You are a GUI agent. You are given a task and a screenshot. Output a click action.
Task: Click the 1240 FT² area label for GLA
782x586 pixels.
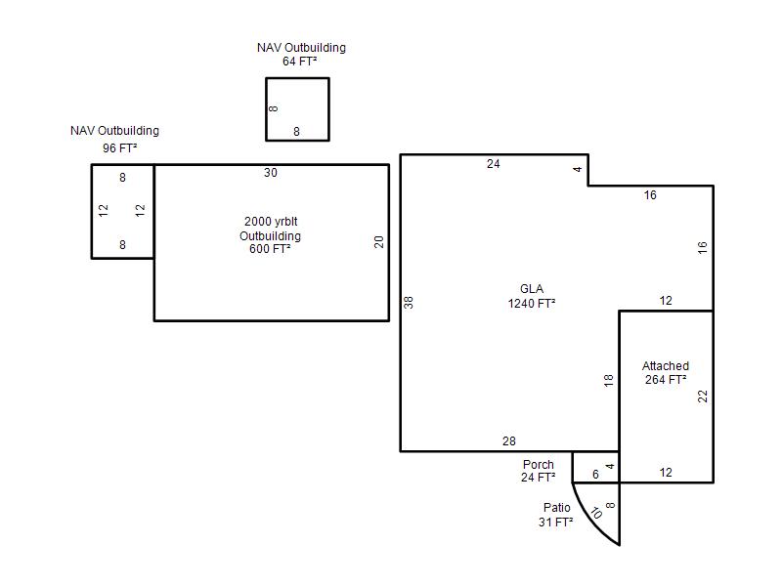pyautogui.click(x=532, y=304)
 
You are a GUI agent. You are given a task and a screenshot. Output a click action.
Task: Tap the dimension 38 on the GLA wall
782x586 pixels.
pyautogui.click(x=409, y=303)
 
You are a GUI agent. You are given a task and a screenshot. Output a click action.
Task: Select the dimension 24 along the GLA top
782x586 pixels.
pyautogui.click(x=494, y=164)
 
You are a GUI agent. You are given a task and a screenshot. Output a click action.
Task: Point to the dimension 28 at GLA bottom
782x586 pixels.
pyautogui.click(x=509, y=441)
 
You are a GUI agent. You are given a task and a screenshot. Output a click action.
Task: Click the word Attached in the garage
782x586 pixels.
pyautogui.click(x=666, y=365)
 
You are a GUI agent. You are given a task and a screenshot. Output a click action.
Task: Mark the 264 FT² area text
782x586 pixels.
pyautogui.click(x=666, y=380)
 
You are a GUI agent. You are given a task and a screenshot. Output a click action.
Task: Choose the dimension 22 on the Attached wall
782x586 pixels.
pyautogui.click(x=703, y=397)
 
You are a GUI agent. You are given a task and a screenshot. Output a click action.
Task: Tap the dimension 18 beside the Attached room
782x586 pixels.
pyautogui.click(x=608, y=381)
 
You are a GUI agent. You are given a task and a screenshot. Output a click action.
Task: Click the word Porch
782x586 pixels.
pyautogui.click(x=539, y=465)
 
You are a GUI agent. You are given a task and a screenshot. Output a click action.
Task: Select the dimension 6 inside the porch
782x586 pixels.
pyautogui.click(x=595, y=475)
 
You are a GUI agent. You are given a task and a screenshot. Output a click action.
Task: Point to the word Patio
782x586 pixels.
pyautogui.click(x=557, y=507)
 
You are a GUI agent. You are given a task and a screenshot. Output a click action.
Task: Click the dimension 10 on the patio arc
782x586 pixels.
pyautogui.click(x=596, y=513)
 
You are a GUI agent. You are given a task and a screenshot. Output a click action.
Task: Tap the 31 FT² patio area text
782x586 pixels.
pyautogui.click(x=555, y=523)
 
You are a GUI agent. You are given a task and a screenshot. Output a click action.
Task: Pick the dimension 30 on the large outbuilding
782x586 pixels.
pyautogui.click(x=271, y=173)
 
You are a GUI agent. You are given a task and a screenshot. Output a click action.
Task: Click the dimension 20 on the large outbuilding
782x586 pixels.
pyautogui.click(x=379, y=242)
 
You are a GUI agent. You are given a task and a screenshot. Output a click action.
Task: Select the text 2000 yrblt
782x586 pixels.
pyautogui.click(x=271, y=222)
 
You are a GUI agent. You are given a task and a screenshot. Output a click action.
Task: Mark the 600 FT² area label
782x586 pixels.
pyautogui.click(x=270, y=249)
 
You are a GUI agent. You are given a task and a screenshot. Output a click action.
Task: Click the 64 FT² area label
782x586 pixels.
pyautogui.click(x=300, y=62)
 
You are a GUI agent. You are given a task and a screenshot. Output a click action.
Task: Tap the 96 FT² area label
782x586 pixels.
pyautogui.click(x=119, y=148)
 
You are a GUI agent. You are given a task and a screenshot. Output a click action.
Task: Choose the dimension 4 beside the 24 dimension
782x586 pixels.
pyautogui.click(x=578, y=169)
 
